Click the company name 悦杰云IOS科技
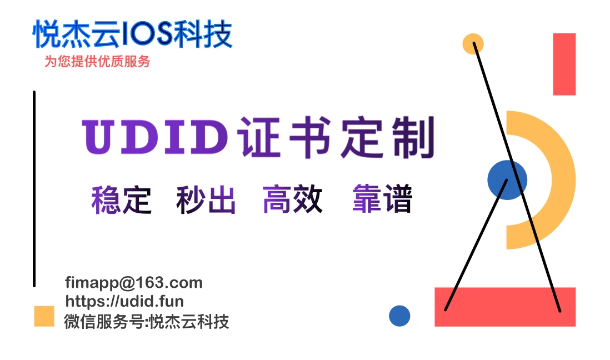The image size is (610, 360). pos(132,34)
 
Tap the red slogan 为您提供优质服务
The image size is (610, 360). pos(97,62)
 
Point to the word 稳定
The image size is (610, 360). pos(121,200)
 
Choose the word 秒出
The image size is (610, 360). pos(206,200)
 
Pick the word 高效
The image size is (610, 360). pos(292,200)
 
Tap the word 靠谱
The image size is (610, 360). pos(382,200)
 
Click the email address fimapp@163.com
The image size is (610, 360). pos(133,283)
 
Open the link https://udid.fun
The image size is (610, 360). pos(124,302)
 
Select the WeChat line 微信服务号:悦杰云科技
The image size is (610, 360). pos(147,321)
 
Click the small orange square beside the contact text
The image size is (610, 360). pos(44,316)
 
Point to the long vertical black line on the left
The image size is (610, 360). pos(34,189)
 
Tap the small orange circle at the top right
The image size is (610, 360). pos(473,43)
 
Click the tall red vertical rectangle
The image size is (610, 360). pos(564,64)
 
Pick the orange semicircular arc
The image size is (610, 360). pos(561,179)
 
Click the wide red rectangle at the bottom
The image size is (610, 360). pos(504,307)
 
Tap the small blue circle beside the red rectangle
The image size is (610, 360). pos(399,316)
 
